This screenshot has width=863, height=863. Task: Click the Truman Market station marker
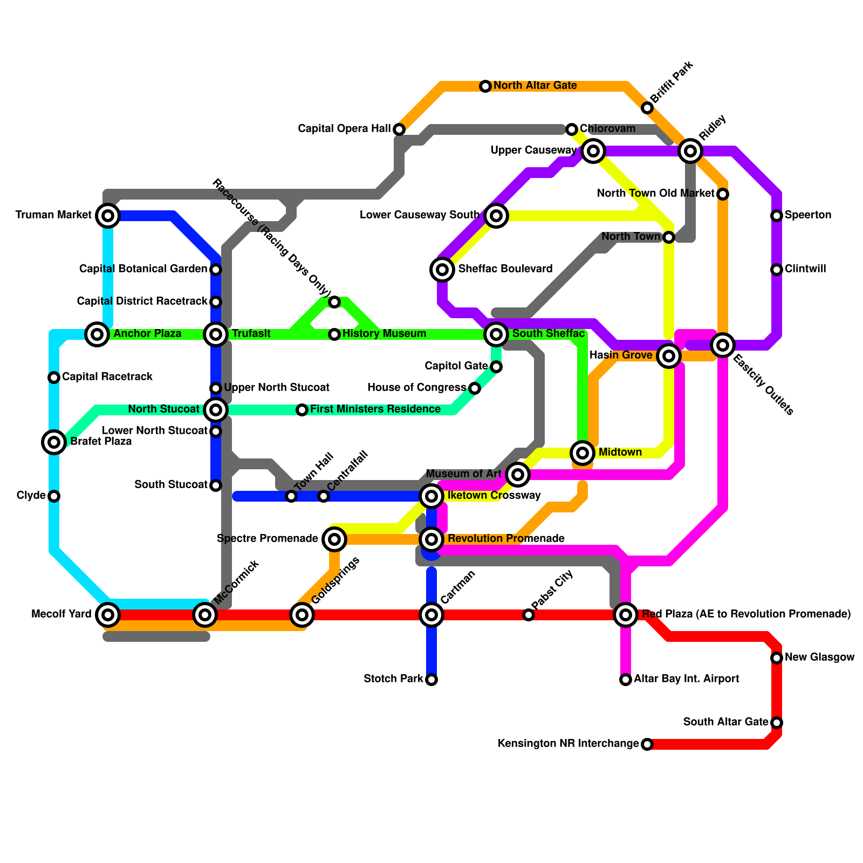pyautogui.click(x=108, y=216)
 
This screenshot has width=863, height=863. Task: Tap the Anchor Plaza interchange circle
pyautogui.click(x=97, y=334)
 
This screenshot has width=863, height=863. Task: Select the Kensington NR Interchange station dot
pyautogui.click(x=647, y=744)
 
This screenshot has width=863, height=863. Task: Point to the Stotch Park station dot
pyautogui.click(x=432, y=680)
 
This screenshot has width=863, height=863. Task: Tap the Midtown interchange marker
pyautogui.click(x=583, y=453)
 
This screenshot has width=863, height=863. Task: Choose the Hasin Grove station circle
pyautogui.click(x=669, y=355)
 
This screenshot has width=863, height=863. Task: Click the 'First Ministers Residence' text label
pyautogui.click(x=375, y=409)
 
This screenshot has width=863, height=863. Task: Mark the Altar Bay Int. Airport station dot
pyautogui.click(x=626, y=680)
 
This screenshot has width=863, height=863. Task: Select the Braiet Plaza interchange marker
pyautogui.click(x=54, y=442)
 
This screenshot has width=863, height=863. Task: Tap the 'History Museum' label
pyautogui.click(x=384, y=334)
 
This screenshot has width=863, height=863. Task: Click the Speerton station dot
pyautogui.click(x=777, y=216)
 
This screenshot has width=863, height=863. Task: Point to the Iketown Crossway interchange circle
pyautogui.click(x=432, y=496)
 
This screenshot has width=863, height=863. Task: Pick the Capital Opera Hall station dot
pyautogui.click(x=399, y=129)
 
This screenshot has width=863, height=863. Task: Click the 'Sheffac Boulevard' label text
pyautogui.click(x=505, y=269)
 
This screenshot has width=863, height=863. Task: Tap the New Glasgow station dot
pyautogui.click(x=777, y=658)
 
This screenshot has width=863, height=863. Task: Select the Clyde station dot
pyautogui.click(x=54, y=496)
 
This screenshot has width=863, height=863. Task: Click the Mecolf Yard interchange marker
pyautogui.click(x=108, y=615)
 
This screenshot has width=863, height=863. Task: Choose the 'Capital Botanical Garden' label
pyautogui.click(x=143, y=269)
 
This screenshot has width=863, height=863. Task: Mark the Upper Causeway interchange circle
pyautogui.click(x=593, y=151)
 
